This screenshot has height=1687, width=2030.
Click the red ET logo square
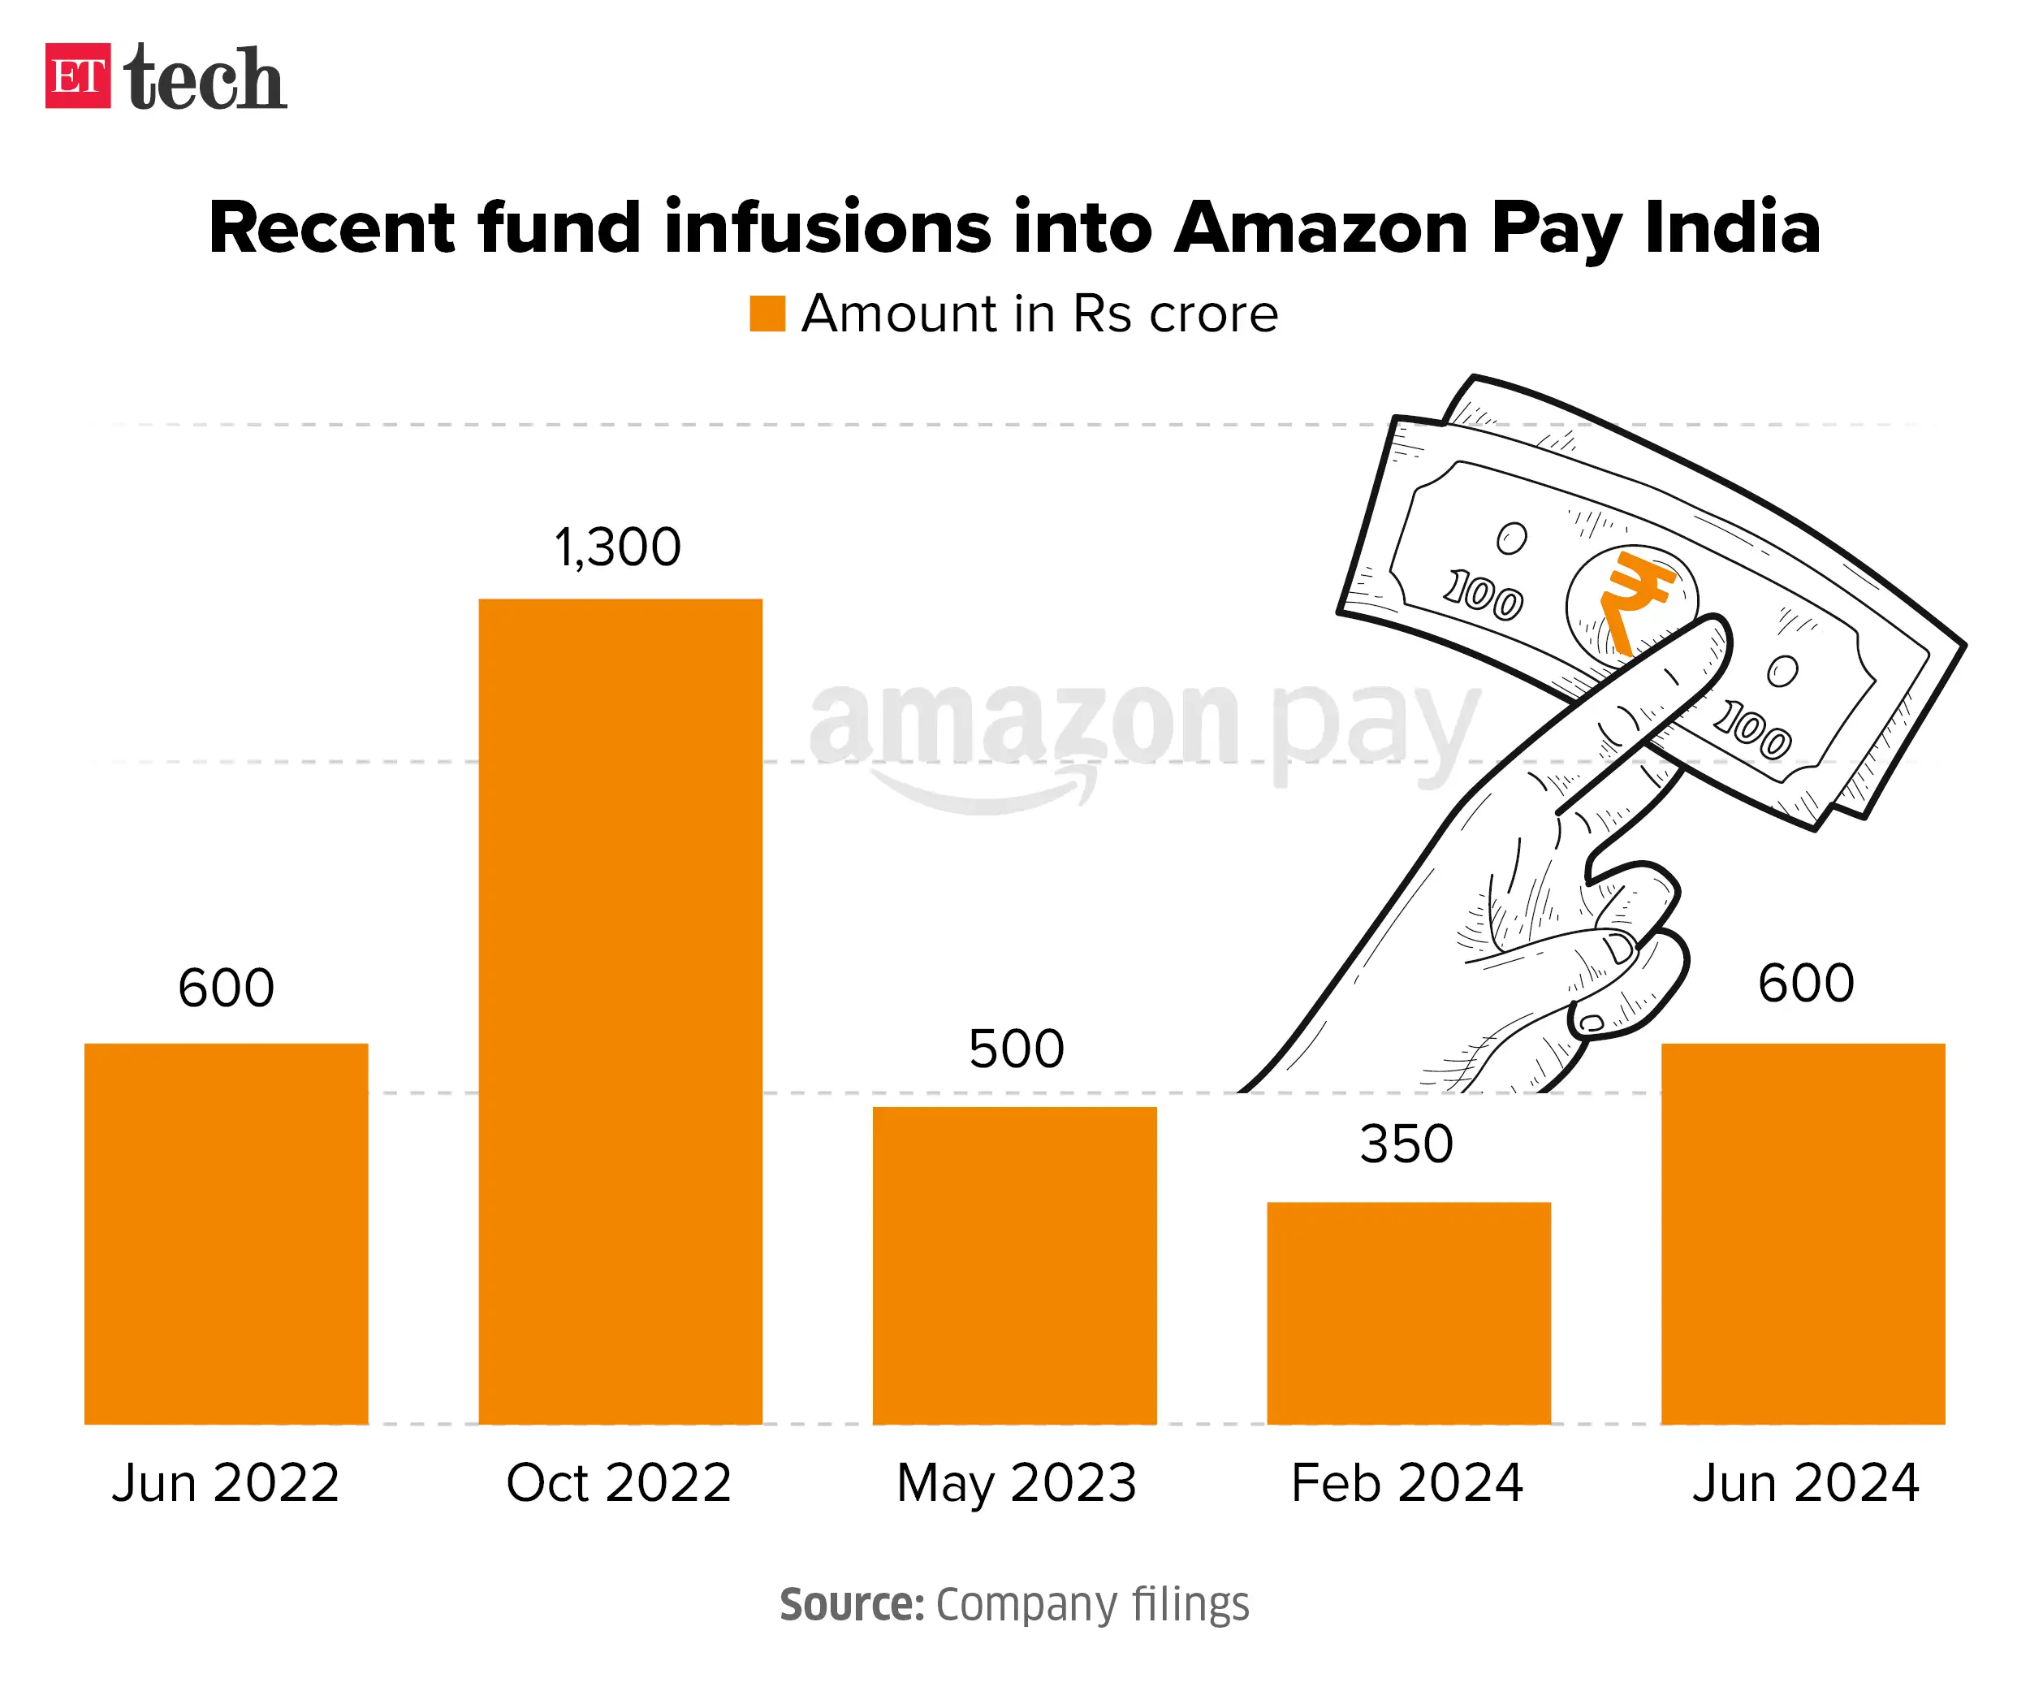77,76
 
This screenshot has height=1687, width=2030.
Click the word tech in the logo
205,77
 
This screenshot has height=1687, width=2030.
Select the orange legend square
767,314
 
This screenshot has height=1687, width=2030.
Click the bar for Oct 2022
620,1010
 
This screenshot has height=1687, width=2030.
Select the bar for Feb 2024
1409,1312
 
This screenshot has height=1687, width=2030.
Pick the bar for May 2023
1014,1265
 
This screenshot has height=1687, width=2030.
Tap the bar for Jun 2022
227,1233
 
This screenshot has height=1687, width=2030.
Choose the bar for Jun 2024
1803,1233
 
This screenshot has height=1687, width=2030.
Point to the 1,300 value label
618,548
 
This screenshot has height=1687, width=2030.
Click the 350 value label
1406,1144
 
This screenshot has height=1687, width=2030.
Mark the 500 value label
1016,1049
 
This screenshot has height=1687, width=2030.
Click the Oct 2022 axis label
619,1483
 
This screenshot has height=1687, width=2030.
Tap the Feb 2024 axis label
1407,1483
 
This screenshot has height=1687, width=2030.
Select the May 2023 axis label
1016,1483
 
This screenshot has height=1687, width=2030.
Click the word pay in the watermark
1375,727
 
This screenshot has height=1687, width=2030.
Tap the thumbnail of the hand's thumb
1616,947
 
